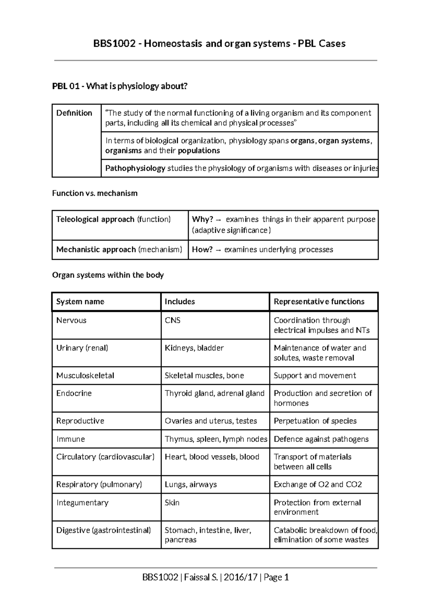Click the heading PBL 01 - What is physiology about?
point(120,86)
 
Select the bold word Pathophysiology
point(135,168)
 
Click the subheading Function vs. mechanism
point(95,193)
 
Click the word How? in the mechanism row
point(202,250)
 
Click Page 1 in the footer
point(276,577)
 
